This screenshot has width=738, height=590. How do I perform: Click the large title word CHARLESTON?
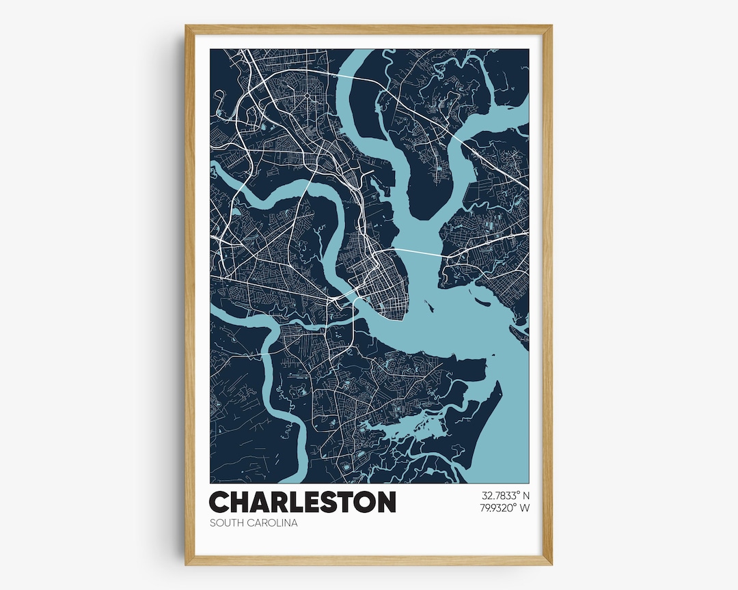tap(302, 502)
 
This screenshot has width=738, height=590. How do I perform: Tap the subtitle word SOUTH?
tap(226, 523)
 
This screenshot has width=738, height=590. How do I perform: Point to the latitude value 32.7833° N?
tap(505, 494)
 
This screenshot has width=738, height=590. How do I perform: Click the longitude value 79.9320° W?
tap(505, 507)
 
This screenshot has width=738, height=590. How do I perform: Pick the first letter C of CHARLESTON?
tap(219, 502)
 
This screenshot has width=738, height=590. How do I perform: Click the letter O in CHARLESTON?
tap(362, 502)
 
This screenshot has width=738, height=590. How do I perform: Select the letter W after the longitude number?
tap(524, 507)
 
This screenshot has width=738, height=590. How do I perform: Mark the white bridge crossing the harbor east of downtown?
tap(417, 252)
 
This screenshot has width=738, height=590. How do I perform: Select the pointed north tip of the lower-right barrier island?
tap(498, 383)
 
